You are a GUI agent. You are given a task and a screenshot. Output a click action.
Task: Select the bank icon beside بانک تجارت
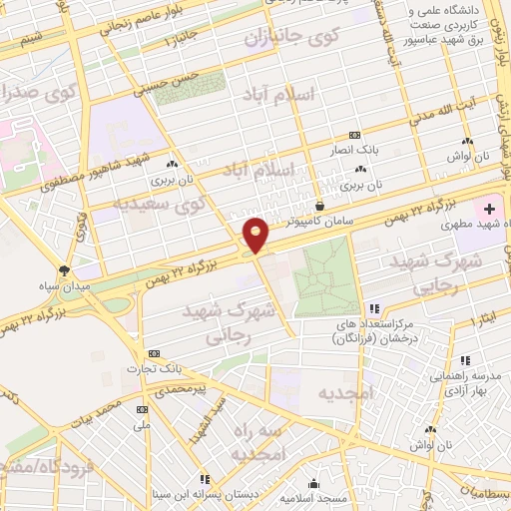(154, 353)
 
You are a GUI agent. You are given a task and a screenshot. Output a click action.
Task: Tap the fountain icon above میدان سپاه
(65, 269)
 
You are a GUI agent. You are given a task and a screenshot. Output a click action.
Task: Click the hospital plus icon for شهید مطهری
(489, 209)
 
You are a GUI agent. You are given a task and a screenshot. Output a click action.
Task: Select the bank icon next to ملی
(141, 408)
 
